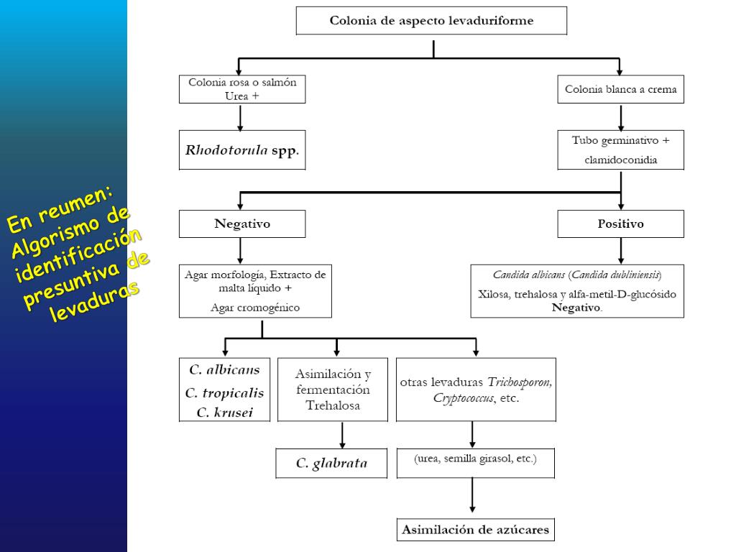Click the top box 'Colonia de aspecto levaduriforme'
tap(431, 21)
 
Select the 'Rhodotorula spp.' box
tap(241, 150)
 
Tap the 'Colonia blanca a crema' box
tap(620, 90)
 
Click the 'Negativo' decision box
tap(241, 224)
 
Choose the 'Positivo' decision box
tap(620, 224)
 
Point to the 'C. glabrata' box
tap(331, 464)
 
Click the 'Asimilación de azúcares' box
tap(475, 530)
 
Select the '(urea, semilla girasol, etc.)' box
tap(475, 459)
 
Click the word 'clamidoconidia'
tap(620, 160)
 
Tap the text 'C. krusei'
tap(224, 413)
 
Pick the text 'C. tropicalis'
tap(224, 392)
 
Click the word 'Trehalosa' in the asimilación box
tap(333, 405)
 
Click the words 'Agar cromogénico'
tap(255, 308)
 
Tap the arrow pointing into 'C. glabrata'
tap(342, 436)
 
